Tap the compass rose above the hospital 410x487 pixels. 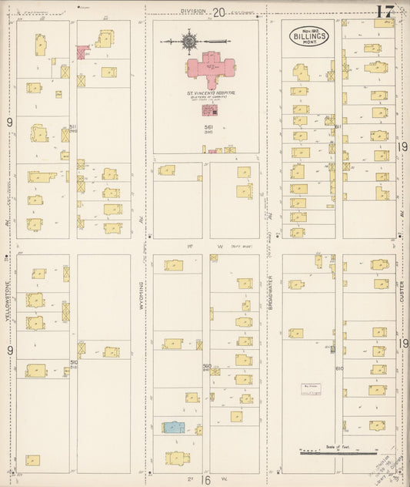pyautogui.click(x=188, y=39)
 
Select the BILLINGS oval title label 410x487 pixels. pyautogui.click(x=309, y=36)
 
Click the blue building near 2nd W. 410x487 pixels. pyautogui.click(x=173, y=426)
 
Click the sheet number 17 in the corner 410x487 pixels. pyautogui.click(x=387, y=12)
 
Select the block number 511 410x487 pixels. pyautogui.click(x=72, y=126)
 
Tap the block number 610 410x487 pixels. pyautogui.click(x=338, y=368)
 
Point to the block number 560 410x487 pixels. pyautogui.click(x=206, y=366)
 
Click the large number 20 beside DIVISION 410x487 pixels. pyautogui.click(x=219, y=12)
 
